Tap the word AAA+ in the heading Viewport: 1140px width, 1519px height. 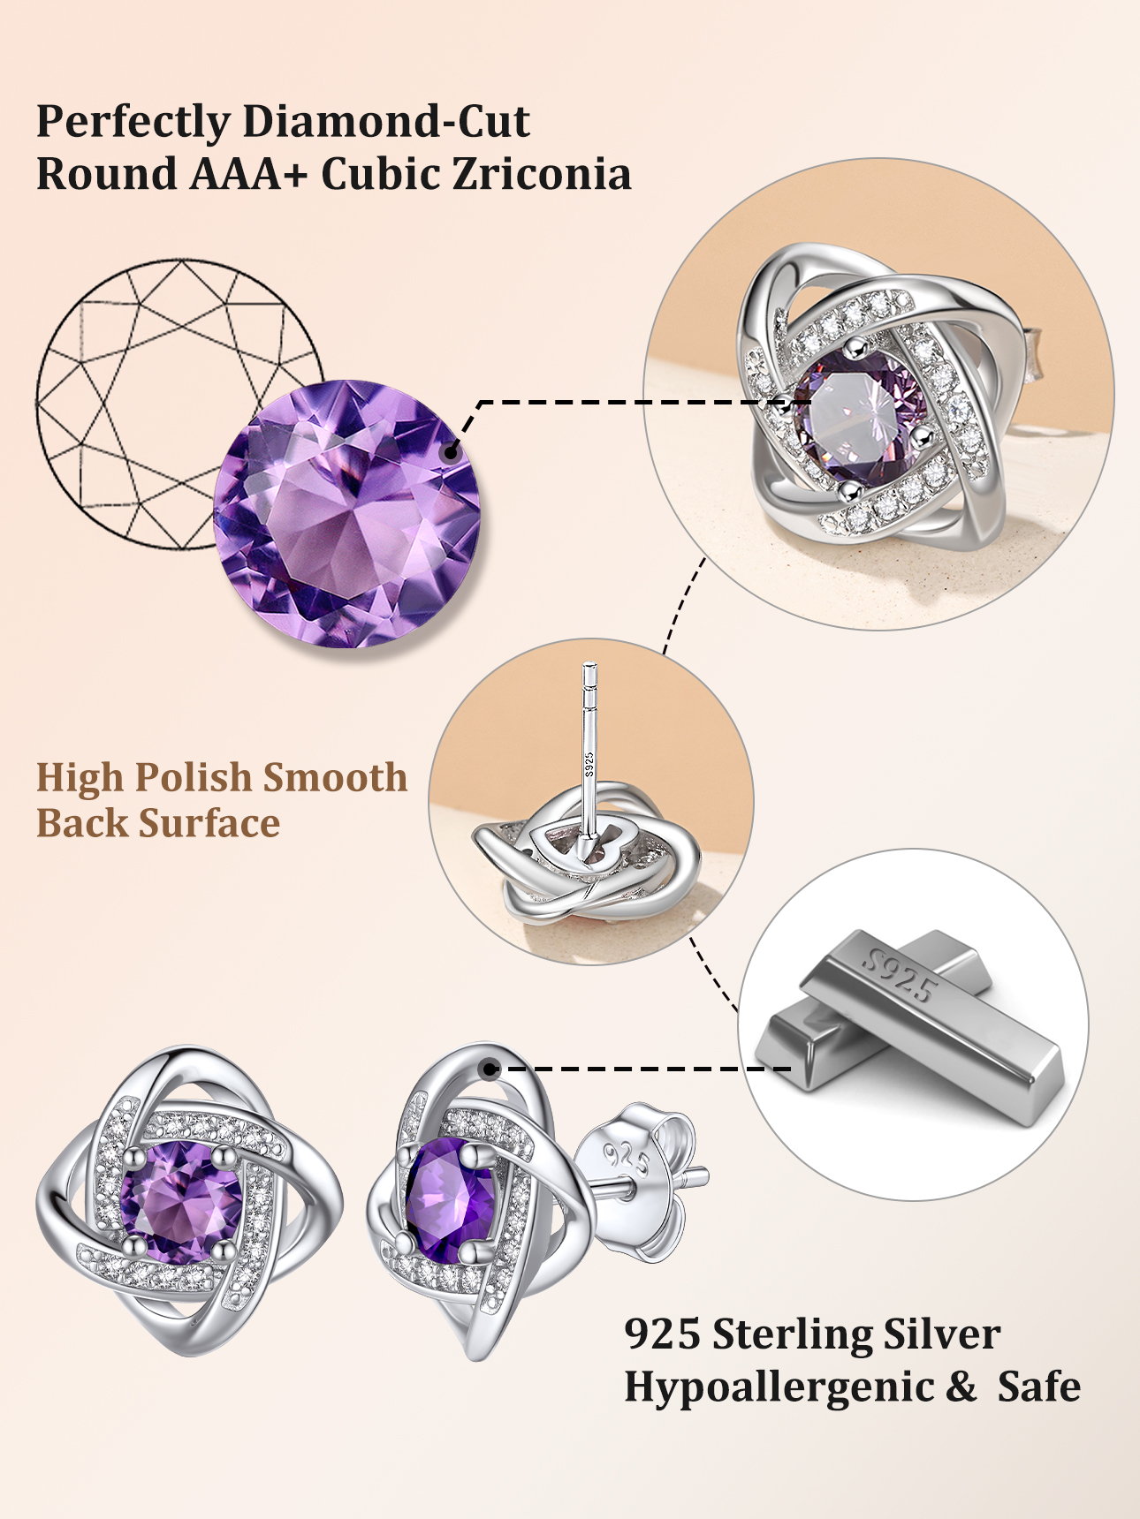248,174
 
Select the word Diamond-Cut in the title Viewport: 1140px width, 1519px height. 386,122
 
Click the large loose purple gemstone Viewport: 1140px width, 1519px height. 347,514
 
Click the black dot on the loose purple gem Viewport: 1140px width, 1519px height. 451,452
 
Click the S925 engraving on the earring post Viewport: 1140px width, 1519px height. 589,764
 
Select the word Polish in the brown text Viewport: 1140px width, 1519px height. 194,778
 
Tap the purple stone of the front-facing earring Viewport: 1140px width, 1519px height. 181,1201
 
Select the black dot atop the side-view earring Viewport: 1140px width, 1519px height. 490,1069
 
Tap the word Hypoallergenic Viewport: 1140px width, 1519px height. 779,1387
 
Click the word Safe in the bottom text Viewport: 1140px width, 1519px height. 1038,1387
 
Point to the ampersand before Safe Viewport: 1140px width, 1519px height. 961,1387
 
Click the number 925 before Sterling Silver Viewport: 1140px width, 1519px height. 662,1334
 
